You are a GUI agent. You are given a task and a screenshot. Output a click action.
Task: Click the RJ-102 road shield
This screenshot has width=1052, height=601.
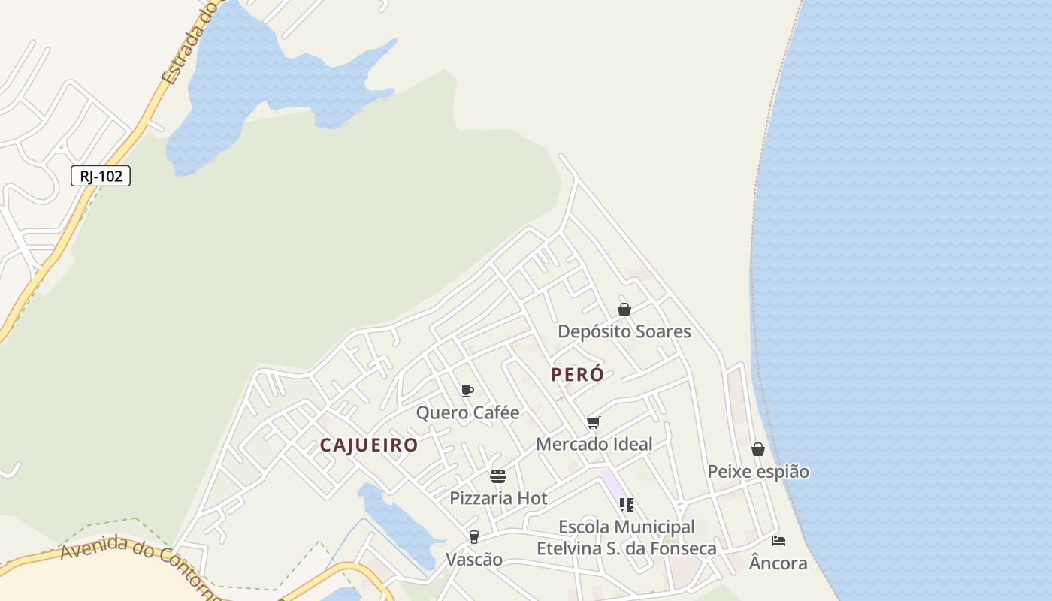[x=101, y=176]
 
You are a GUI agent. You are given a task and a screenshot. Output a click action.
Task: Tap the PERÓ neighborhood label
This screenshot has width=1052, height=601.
[x=577, y=374]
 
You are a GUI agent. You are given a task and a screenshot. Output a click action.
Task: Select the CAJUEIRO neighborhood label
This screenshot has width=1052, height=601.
[x=369, y=445]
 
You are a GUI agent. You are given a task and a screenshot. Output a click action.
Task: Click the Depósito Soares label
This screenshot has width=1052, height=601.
[x=624, y=331]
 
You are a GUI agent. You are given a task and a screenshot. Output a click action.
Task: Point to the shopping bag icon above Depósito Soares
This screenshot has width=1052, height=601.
[x=624, y=310]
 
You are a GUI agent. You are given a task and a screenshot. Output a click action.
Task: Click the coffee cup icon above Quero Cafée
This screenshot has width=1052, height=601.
[x=467, y=391]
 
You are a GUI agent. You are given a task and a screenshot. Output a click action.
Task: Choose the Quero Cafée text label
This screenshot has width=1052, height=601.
[x=467, y=412]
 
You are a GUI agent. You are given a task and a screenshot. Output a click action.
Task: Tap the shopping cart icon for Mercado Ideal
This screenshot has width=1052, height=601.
[x=594, y=422]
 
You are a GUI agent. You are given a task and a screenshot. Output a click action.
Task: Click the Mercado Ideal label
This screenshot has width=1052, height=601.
[x=594, y=444]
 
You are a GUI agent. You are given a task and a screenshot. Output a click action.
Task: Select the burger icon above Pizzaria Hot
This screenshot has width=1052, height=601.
[x=498, y=476]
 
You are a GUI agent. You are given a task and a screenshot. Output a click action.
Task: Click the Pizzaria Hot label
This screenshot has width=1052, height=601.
[x=498, y=498]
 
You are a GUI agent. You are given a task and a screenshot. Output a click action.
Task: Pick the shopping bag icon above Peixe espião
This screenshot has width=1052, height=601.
[x=758, y=449]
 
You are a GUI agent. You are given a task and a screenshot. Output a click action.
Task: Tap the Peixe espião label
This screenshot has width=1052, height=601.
[x=758, y=472]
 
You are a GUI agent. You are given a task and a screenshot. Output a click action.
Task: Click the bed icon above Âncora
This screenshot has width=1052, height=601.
[x=778, y=541]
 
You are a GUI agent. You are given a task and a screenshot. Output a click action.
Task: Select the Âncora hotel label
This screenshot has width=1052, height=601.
[x=778, y=563]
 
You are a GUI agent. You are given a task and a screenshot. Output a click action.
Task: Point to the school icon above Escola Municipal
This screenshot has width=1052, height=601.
[x=627, y=504]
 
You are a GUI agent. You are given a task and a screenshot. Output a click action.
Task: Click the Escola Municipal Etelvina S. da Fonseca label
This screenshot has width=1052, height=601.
[x=627, y=538]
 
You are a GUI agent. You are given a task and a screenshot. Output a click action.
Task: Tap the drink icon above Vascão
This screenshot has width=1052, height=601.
[x=474, y=537]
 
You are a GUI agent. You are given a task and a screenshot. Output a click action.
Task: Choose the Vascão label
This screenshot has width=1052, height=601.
[x=474, y=560]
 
